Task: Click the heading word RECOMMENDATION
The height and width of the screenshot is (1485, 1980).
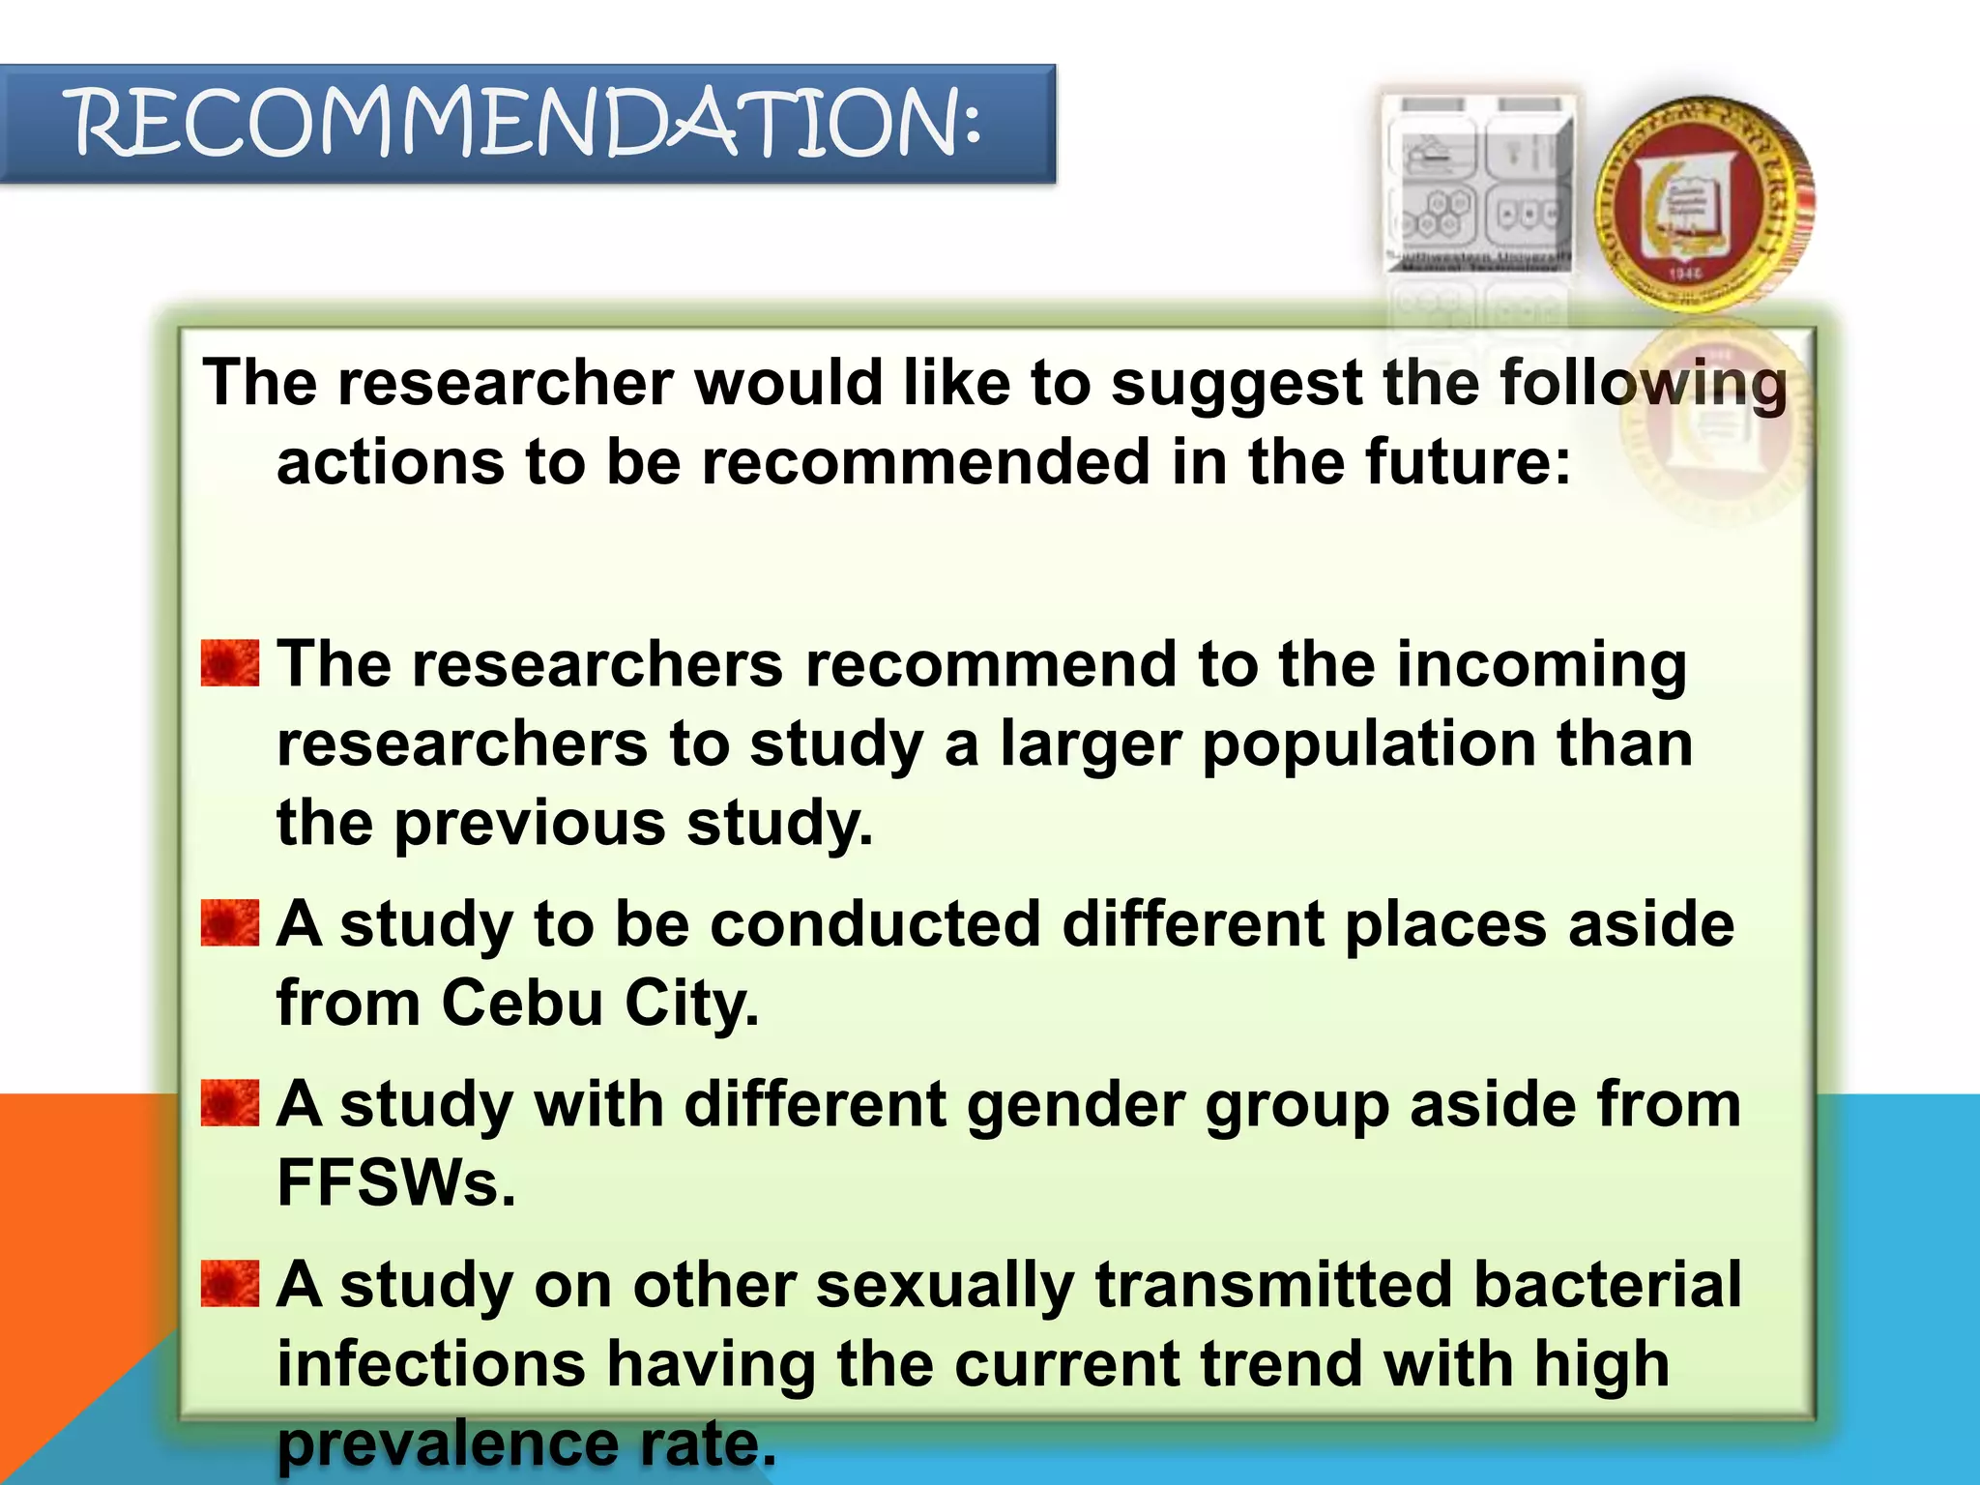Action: coord(528,124)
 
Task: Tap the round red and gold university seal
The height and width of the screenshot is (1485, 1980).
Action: coord(1703,204)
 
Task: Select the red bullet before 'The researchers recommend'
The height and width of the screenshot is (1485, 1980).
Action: coord(230,663)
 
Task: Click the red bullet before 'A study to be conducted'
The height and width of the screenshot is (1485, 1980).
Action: coord(230,922)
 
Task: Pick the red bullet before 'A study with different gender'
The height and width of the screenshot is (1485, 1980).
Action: coord(230,1103)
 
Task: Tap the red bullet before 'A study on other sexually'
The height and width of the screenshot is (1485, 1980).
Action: coord(230,1283)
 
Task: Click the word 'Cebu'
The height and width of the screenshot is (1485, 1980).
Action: coord(523,1003)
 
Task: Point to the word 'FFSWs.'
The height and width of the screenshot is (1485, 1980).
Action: coord(396,1182)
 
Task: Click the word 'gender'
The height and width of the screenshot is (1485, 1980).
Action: coord(1074,1105)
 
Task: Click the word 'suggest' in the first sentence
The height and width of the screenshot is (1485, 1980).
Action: coord(1236,384)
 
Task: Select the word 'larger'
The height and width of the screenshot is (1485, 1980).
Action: coord(1090,744)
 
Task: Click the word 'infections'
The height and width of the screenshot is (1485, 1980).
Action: coord(431,1364)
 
